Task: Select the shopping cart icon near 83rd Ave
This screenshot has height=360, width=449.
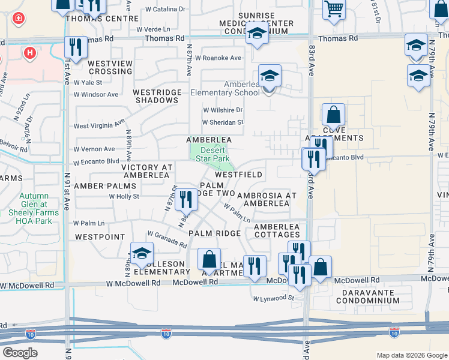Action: tap(334, 8)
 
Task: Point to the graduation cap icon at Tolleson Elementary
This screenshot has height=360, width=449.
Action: tap(142, 253)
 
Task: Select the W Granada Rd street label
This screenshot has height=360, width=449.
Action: tap(167, 239)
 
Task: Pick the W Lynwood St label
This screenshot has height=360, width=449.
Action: tap(273, 298)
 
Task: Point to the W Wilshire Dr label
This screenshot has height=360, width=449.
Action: tap(222, 110)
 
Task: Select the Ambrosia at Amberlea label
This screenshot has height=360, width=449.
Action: tap(267, 199)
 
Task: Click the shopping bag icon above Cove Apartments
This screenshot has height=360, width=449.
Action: tap(333, 115)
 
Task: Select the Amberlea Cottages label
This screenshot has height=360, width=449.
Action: tap(277, 230)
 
